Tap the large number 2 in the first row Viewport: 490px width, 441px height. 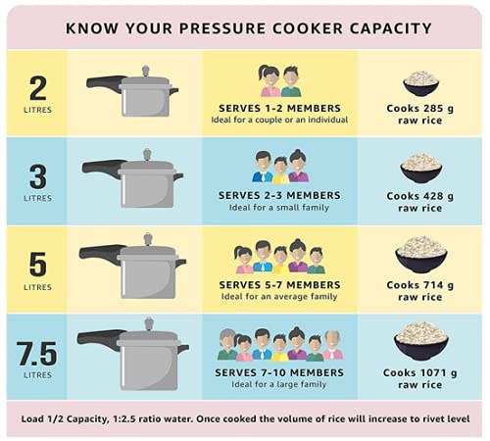point(37,88)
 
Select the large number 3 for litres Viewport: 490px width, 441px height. point(37,176)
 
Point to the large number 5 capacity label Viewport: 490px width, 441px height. point(37,263)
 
